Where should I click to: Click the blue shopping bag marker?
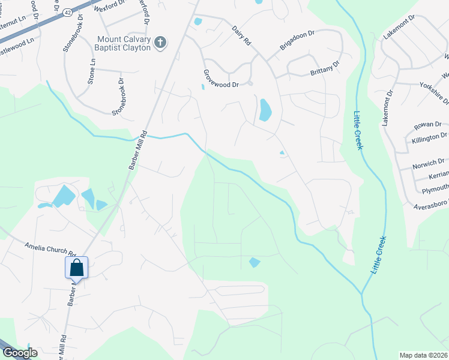tap(77, 267)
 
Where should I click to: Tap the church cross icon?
tap(160, 42)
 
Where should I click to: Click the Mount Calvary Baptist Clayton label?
tap(124, 43)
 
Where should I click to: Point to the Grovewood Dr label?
tap(221, 85)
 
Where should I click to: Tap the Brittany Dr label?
tap(325, 68)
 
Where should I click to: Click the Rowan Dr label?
tap(427, 126)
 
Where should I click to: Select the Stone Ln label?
tap(92, 71)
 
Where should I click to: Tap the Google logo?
tap(19, 353)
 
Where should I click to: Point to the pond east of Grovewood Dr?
tap(264, 110)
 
